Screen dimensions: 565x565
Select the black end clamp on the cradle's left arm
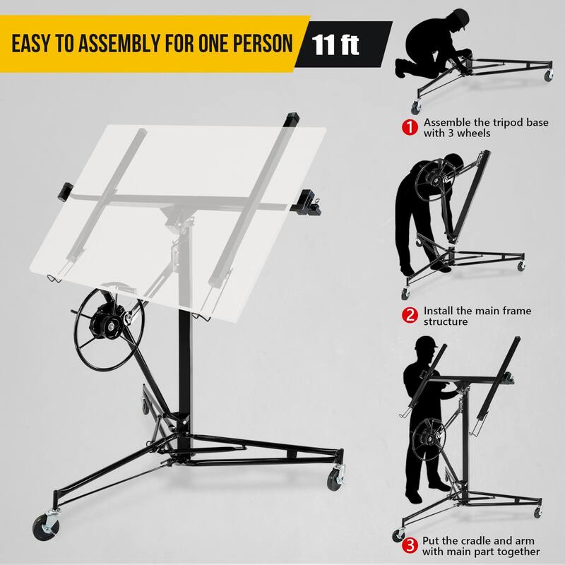[x=64, y=191]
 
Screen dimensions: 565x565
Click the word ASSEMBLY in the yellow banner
[x=122, y=44]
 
